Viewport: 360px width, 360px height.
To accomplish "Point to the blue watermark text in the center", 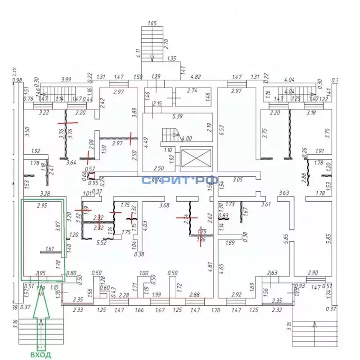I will (x=180, y=180).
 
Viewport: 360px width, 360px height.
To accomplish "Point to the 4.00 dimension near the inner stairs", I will (x=186, y=138).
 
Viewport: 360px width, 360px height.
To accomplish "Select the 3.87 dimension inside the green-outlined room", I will (x=58, y=226).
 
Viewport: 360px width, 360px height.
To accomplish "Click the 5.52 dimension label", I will (x=102, y=243).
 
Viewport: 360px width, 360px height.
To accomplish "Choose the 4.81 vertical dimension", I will (x=210, y=268).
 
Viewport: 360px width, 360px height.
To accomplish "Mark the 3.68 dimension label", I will (x=164, y=205).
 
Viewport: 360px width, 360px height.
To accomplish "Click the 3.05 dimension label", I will (x=238, y=180).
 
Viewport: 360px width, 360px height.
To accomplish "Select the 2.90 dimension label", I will (x=313, y=273).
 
